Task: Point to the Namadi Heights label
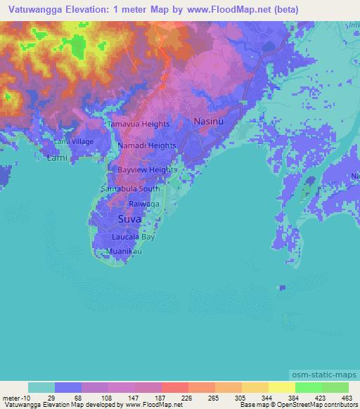coord(146,145)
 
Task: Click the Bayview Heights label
coord(147,170)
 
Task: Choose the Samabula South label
coord(131,189)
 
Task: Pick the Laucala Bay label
coord(138,238)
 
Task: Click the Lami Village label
coord(75,142)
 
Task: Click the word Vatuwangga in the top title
coord(32,10)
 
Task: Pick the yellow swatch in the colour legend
coord(281,388)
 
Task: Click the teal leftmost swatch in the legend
coord(41,388)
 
